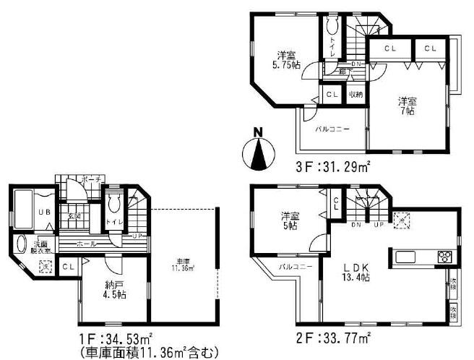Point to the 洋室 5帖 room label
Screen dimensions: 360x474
pos(290,219)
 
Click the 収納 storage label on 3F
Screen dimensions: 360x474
pos(356,95)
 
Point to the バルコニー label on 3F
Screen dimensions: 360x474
pos(332,129)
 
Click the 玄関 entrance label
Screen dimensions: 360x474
pos(75,215)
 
